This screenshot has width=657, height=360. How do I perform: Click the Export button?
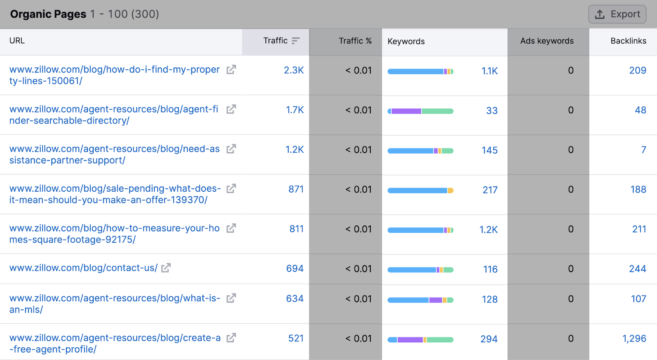click(617, 14)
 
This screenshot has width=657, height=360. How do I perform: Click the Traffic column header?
click(276, 41)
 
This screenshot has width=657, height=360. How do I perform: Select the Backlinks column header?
click(628, 41)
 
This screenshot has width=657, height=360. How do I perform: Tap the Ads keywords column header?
click(547, 41)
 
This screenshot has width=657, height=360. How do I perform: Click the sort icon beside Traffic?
click(296, 41)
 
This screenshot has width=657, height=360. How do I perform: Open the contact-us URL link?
click(83, 268)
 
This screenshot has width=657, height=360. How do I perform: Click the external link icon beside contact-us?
click(166, 268)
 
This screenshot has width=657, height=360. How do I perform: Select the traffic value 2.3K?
click(294, 70)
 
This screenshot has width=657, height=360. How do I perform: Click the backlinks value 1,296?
click(634, 339)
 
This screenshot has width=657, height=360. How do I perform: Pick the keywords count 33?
click(492, 111)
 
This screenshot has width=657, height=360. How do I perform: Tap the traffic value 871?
click(296, 189)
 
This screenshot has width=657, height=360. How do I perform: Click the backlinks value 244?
click(637, 269)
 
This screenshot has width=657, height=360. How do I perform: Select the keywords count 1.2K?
click(488, 230)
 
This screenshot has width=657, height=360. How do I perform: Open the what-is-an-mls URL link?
click(115, 298)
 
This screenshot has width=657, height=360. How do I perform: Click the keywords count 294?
click(489, 339)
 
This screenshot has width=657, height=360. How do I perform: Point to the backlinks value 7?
click(643, 150)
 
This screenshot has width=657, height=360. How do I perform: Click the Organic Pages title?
click(48, 14)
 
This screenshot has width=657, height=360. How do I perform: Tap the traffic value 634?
click(294, 299)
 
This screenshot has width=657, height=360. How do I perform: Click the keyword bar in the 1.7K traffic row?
click(420, 111)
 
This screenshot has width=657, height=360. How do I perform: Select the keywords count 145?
click(489, 151)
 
